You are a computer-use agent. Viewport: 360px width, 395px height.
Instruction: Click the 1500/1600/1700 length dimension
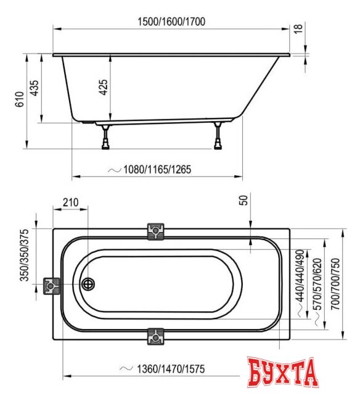(171, 22)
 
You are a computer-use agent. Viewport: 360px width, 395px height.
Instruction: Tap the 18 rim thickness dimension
(298, 29)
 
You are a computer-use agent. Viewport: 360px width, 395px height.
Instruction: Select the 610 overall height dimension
(18, 100)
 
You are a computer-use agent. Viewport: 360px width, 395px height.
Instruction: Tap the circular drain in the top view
(89, 285)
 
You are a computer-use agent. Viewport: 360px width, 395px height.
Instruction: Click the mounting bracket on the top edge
(156, 231)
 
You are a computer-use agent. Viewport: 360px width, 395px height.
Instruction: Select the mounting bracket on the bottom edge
(156, 337)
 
